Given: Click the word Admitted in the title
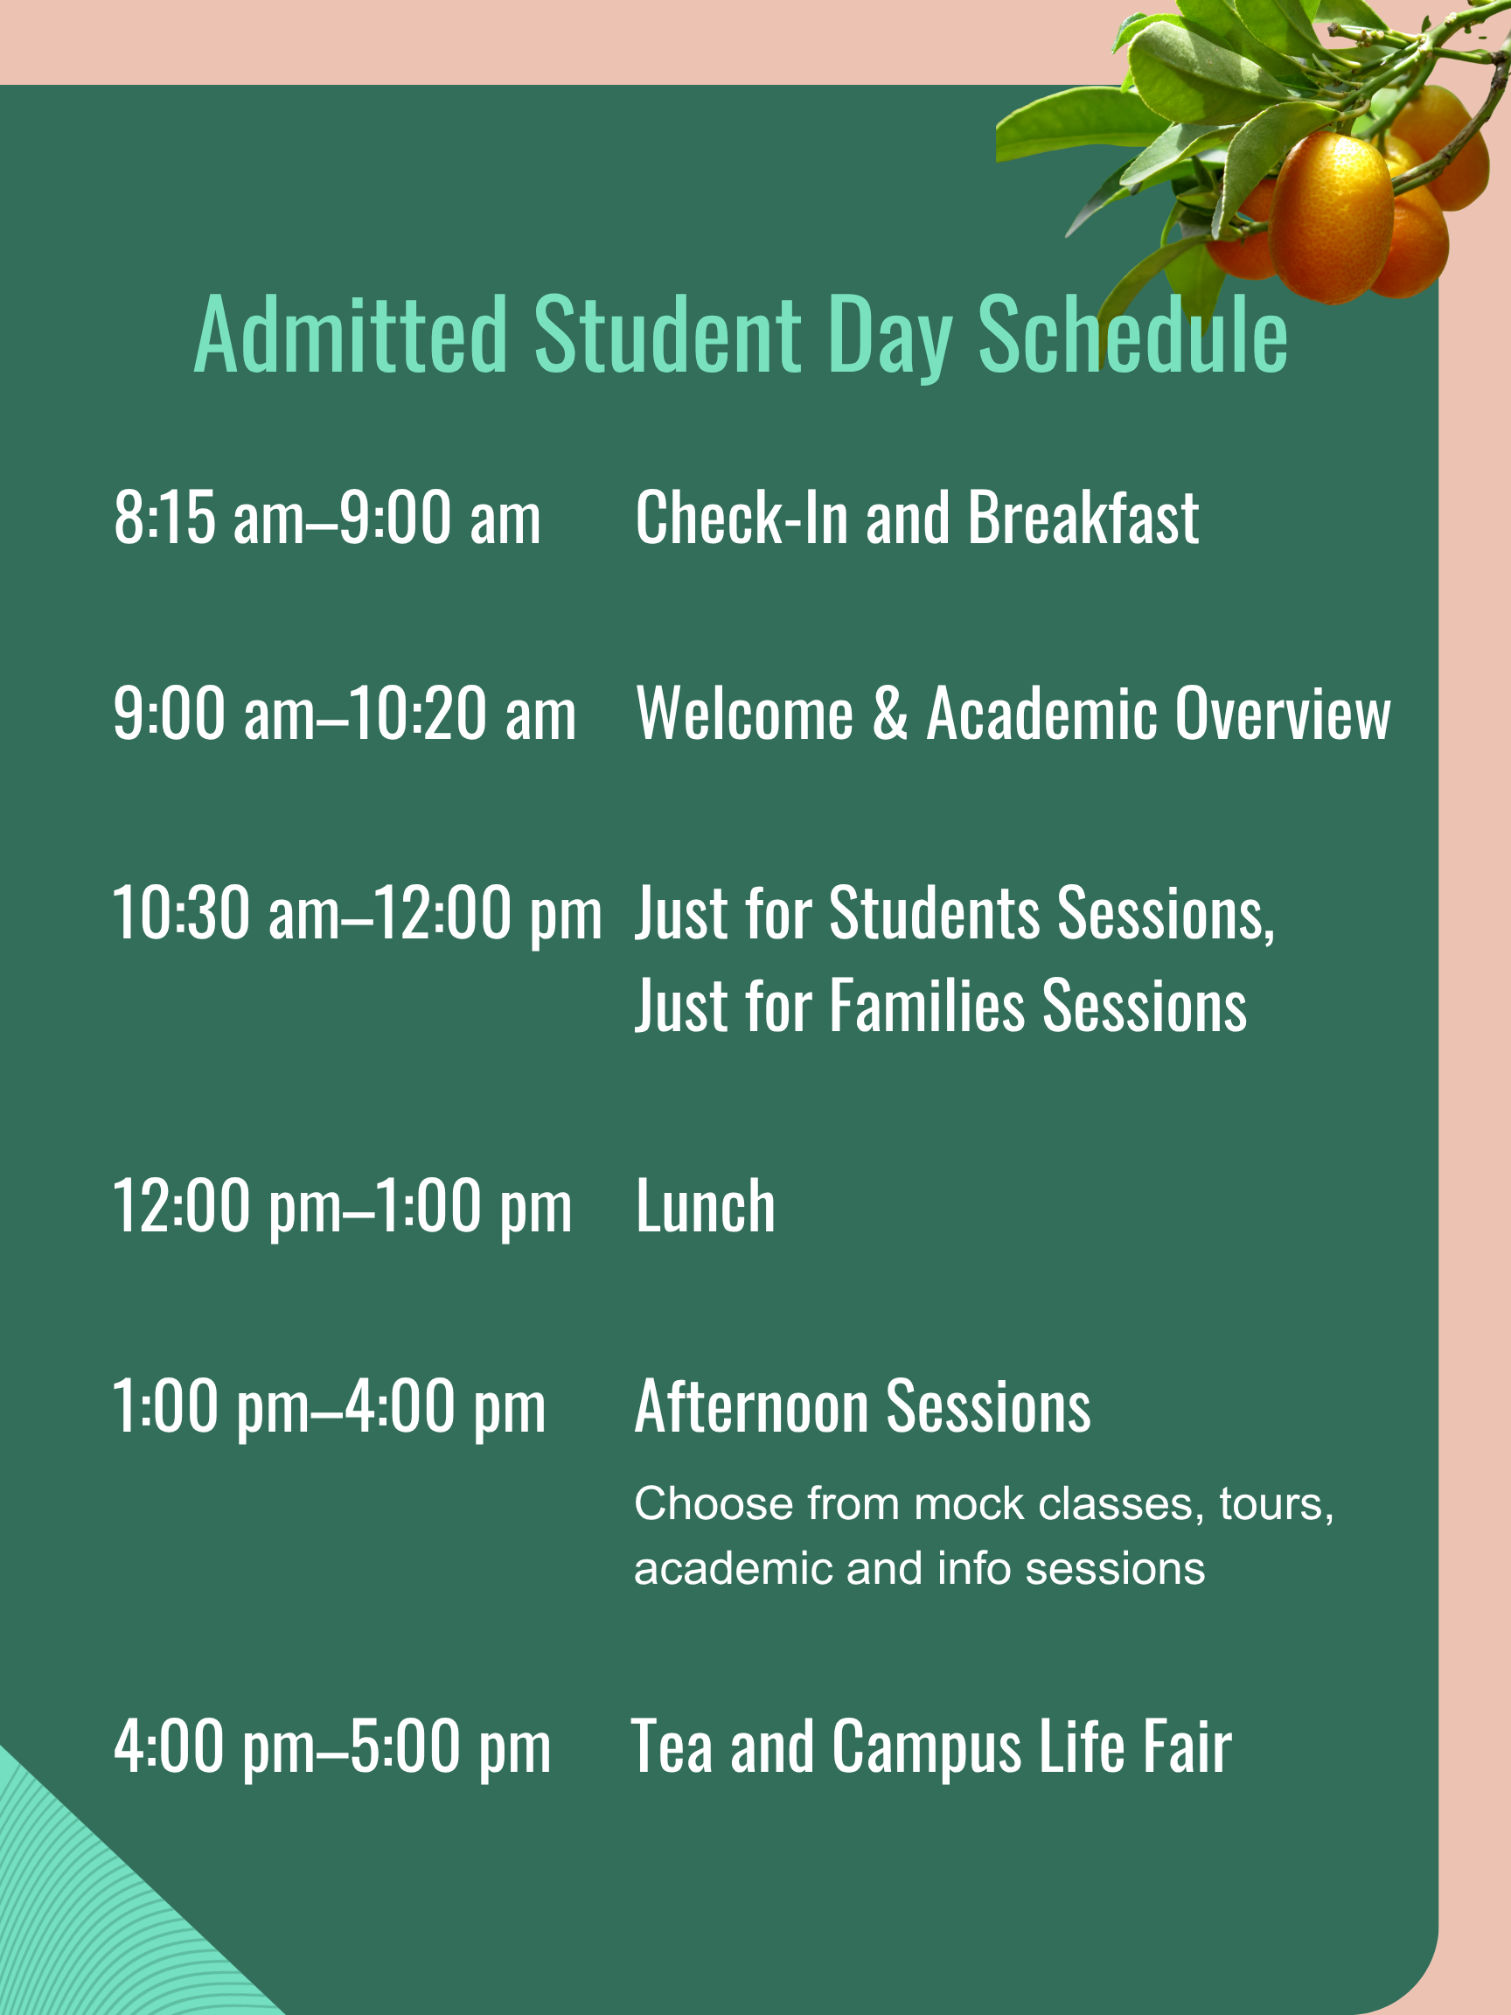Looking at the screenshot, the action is click(351, 334).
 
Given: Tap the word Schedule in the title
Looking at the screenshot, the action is click(1133, 334).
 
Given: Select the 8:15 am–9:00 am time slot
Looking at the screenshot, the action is click(327, 518).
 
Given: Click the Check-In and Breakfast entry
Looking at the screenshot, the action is click(916, 518).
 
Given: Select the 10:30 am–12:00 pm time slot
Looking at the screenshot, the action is click(357, 913).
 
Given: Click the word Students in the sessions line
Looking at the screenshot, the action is click(935, 913).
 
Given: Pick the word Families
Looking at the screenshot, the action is click(927, 1006).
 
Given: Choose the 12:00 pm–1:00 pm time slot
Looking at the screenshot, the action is click(342, 1206).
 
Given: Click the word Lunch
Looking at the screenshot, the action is click(705, 1206).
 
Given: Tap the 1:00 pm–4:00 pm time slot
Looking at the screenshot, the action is click(329, 1406).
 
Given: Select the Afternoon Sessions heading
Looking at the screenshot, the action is click(862, 1406).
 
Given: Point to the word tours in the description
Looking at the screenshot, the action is click(1276, 1504).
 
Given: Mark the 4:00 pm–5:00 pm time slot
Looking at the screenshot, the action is click(332, 1747).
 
